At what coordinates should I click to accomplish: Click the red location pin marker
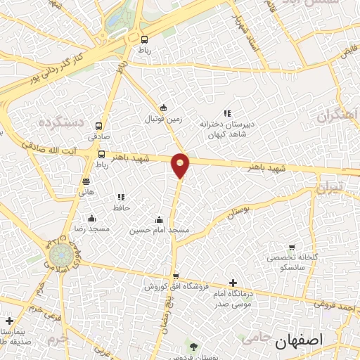pyautogui.click(x=181, y=165)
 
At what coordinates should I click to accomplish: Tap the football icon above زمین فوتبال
pyautogui.click(x=164, y=108)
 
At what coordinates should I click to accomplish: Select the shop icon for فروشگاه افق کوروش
pyautogui.click(x=175, y=276)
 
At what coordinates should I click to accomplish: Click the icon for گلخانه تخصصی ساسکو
pyautogui.click(x=292, y=247)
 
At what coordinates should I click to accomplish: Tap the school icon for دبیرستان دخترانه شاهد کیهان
pyautogui.click(x=226, y=112)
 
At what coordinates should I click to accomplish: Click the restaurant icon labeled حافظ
pyautogui.click(x=121, y=197)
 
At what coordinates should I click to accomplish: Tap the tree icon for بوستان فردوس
pyautogui.click(x=193, y=346)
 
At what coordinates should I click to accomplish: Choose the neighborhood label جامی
pyautogui.click(x=255, y=337)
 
